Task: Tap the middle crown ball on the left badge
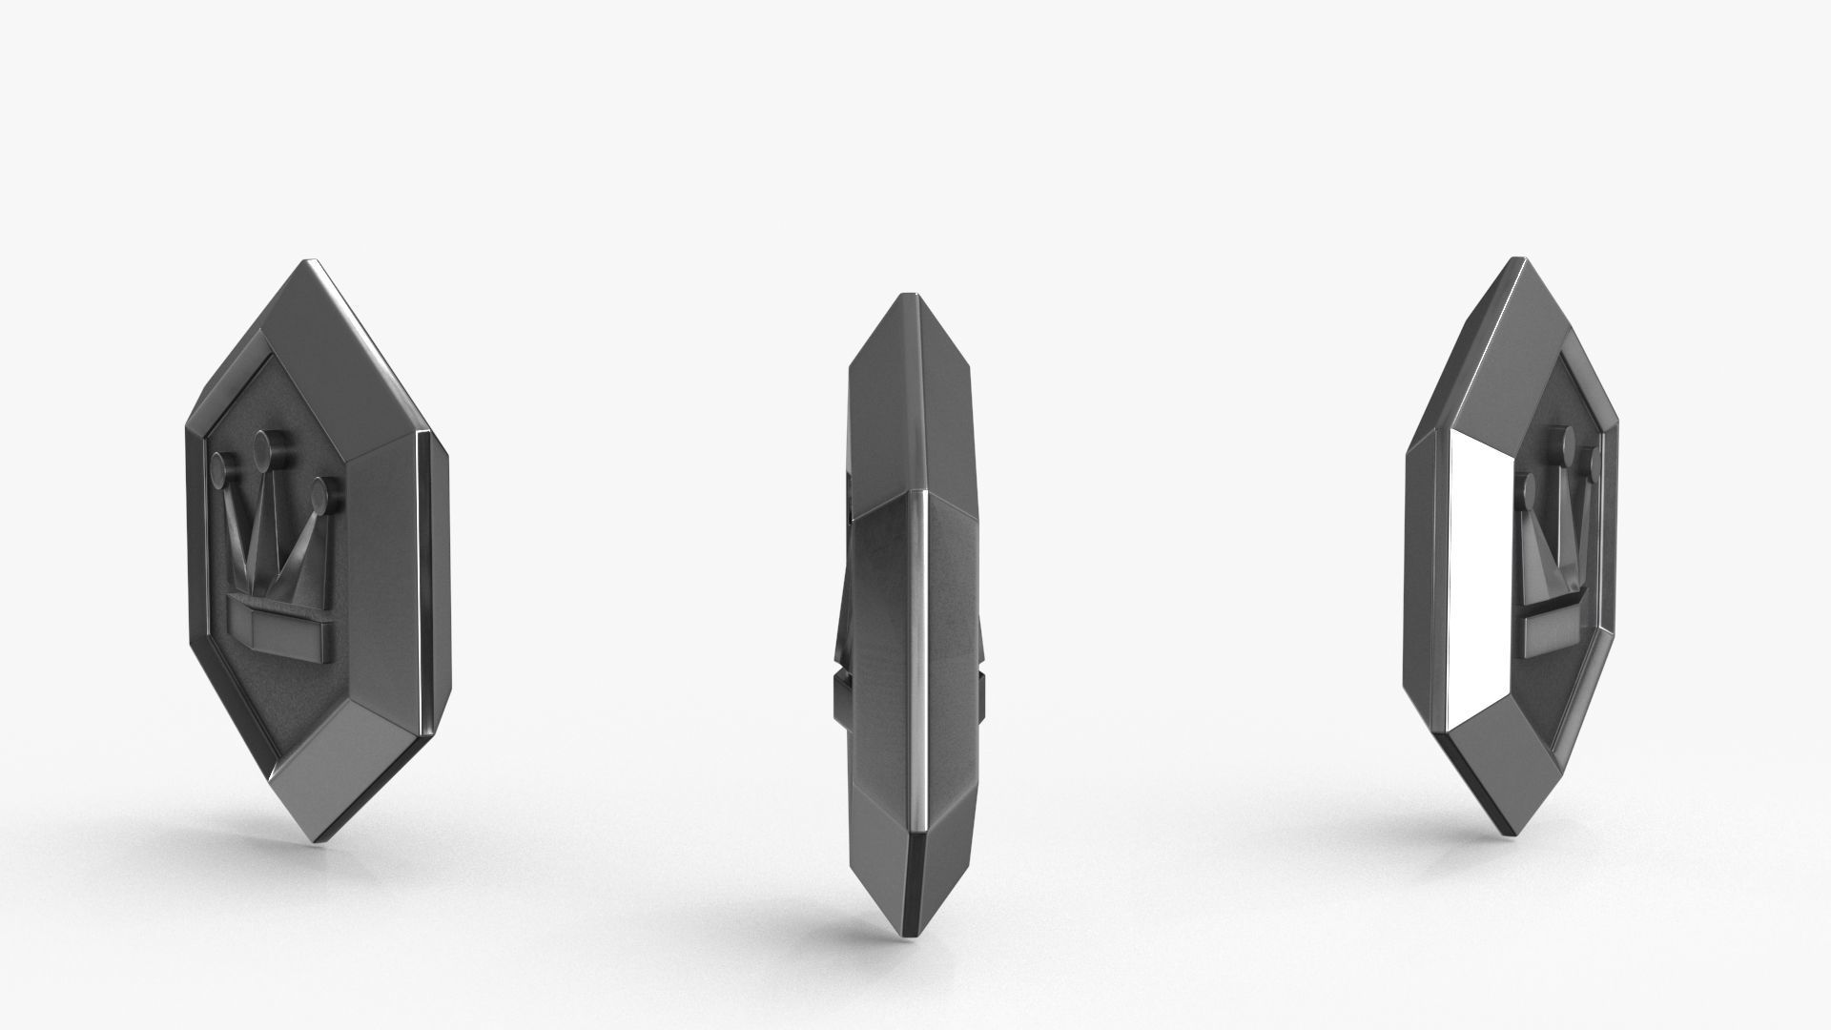[265, 445]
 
